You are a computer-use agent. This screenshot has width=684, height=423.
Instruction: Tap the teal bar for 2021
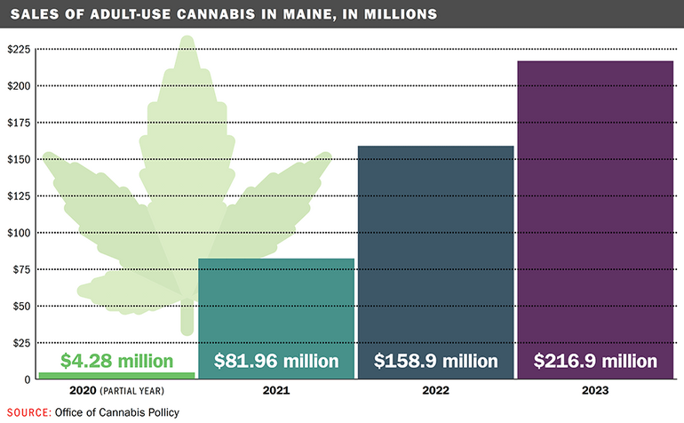tap(275, 302)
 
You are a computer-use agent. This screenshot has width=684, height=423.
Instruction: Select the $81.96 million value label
tap(276, 362)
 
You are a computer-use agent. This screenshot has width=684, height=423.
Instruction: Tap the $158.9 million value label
tap(435, 362)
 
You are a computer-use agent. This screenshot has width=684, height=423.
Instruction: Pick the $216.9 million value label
tap(595, 362)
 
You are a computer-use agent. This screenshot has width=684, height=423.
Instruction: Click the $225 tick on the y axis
tap(19, 49)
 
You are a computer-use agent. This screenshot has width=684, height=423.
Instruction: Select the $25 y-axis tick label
tap(20, 343)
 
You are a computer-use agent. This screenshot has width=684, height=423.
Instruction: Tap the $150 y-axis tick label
tap(19, 159)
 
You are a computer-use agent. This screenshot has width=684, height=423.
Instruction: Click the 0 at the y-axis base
tap(27, 379)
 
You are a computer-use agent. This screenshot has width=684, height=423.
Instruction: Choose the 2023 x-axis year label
tap(595, 391)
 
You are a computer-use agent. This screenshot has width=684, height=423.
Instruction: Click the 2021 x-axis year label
tap(276, 391)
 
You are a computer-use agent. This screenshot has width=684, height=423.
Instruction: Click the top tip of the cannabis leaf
tap(187, 37)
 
